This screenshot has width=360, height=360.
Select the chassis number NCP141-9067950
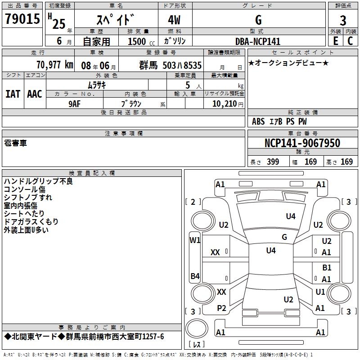point(302,143)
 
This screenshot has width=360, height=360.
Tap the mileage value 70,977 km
point(54,64)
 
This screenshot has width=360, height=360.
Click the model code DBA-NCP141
point(258,41)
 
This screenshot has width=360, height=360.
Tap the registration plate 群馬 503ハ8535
point(171,65)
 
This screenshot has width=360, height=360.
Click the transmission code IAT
point(13,94)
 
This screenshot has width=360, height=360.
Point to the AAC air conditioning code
point(35,94)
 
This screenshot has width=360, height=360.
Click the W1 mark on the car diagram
point(195,240)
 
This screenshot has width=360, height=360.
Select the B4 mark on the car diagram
point(195,276)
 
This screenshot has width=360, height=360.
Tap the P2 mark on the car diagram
point(221,308)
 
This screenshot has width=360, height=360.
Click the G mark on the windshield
point(284,237)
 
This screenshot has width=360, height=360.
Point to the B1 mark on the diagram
point(327,268)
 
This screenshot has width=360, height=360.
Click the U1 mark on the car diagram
point(320,292)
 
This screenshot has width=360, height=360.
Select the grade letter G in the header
point(258,20)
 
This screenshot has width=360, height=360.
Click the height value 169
point(346,162)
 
